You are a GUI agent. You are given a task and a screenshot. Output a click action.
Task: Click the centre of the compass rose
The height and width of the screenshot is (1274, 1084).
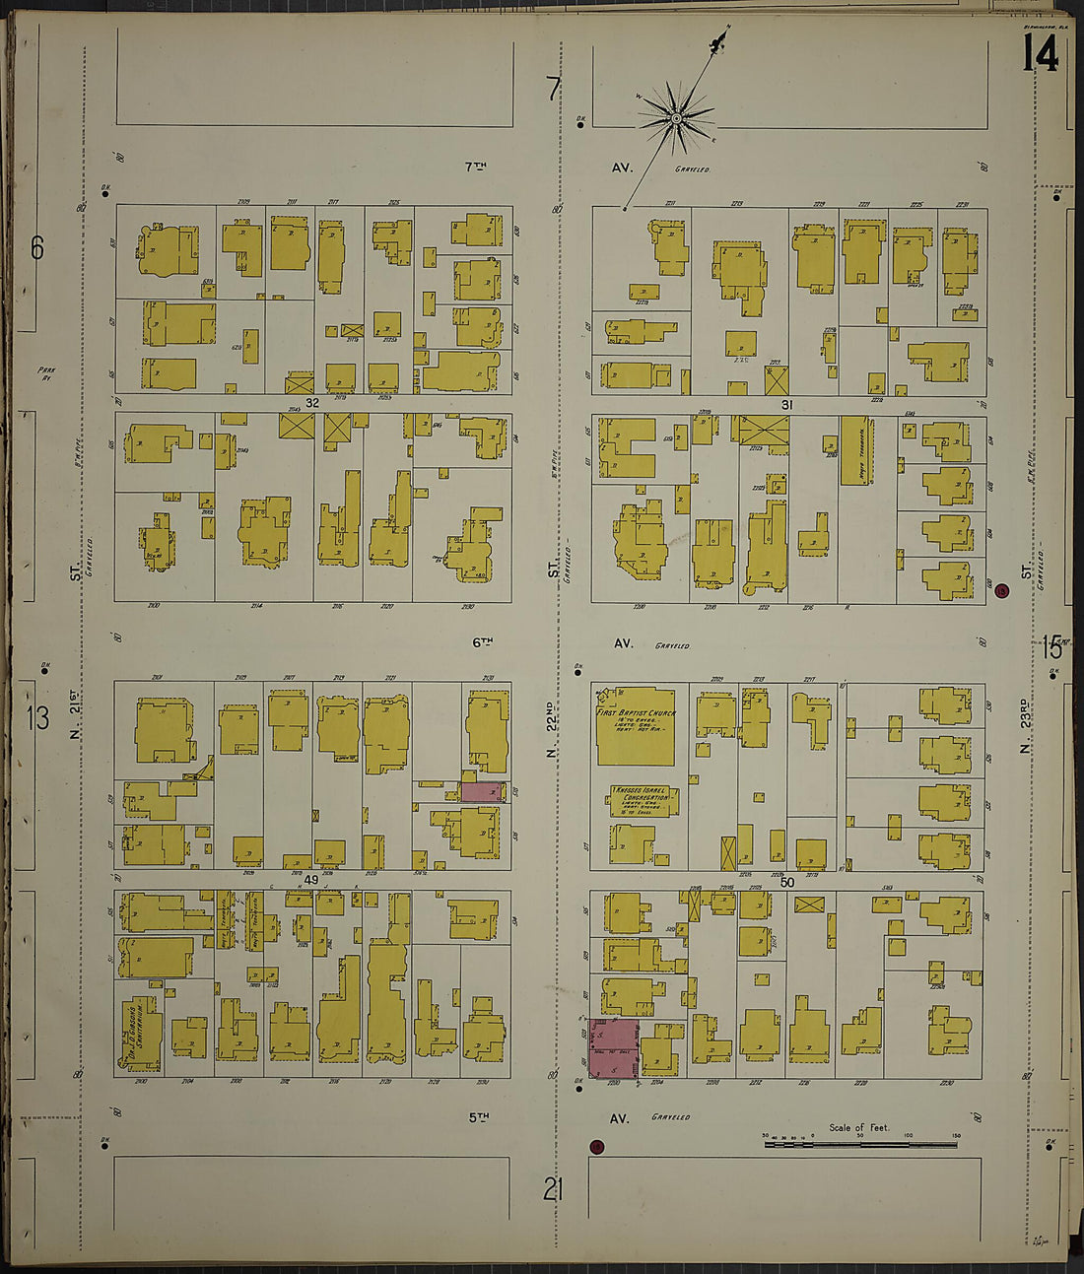(676, 119)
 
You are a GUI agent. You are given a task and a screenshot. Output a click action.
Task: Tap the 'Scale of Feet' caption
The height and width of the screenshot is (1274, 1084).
(858, 1127)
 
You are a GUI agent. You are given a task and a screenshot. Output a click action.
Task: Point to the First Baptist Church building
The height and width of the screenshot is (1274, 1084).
(636, 726)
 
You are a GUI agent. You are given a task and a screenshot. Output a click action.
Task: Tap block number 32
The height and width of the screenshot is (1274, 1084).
(312, 403)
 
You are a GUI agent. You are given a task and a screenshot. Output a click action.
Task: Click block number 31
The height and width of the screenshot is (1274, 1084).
(786, 404)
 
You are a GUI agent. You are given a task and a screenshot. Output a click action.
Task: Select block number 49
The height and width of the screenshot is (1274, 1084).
(311, 879)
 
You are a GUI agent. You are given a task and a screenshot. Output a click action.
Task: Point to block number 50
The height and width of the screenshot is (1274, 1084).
(786, 882)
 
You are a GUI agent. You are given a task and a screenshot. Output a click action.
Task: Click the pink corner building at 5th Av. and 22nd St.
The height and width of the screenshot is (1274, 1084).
(613, 1047)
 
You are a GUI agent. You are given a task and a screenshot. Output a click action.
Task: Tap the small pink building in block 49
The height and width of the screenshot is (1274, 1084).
(483, 791)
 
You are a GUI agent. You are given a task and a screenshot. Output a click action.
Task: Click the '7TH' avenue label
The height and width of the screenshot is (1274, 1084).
(476, 168)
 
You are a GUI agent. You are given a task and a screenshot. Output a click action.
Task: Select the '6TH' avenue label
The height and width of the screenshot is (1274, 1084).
(481, 642)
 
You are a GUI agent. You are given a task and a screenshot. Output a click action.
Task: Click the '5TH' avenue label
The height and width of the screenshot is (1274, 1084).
(479, 1117)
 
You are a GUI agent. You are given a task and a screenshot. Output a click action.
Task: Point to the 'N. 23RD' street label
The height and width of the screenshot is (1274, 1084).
(1025, 727)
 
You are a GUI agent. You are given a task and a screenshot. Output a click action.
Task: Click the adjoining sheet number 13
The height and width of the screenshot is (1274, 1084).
(37, 718)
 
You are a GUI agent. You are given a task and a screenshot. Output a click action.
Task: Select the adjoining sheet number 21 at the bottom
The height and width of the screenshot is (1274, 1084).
(553, 1190)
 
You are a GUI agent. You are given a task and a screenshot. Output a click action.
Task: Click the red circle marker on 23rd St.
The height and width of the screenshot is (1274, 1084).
(1002, 591)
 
